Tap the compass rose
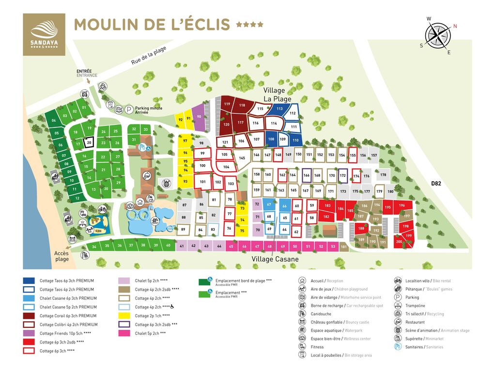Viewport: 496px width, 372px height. (438, 35)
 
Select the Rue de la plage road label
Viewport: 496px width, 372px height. (148, 57)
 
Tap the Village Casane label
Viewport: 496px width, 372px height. (275, 259)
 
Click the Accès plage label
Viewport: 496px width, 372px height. (62, 256)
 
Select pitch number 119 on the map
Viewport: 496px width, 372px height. (227, 104)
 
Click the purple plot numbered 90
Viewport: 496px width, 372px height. (199, 117)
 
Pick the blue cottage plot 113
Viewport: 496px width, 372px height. (279, 109)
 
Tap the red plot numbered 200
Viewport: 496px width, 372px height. (399, 242)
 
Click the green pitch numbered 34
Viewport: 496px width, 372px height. (94, 247)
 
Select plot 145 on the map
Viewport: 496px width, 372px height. (242, 158)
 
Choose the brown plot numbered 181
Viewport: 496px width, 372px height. (344, 247)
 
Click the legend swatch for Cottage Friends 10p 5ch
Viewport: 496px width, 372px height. (29, 333)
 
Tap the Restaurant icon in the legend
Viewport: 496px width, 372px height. (398, 322)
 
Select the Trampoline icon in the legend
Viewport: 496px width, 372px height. (398, 306)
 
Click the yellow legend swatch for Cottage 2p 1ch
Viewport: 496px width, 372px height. (125, 316)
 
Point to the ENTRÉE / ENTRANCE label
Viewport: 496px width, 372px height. (87, 73)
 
